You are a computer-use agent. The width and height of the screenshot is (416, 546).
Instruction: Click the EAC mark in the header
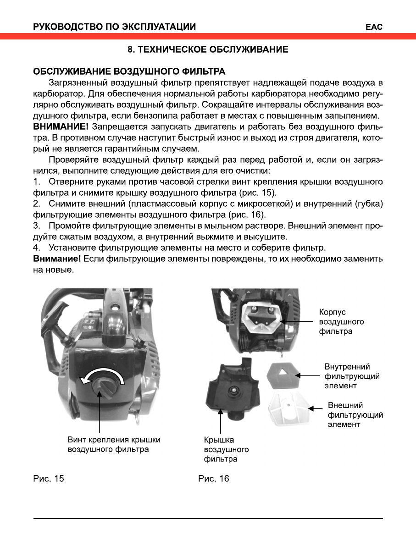pos(374,27)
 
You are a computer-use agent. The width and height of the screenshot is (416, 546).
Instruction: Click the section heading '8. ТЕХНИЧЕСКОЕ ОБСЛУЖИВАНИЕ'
pos(207,50)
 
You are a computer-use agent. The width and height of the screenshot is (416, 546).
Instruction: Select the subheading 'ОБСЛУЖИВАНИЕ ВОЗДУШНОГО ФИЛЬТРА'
pos(129,72)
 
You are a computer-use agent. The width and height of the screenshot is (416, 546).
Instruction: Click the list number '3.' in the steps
pos(37,226)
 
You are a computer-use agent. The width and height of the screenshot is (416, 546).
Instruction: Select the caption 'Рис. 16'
pos(214,479)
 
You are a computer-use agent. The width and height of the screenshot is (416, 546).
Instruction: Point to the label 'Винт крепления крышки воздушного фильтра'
pos(114,445)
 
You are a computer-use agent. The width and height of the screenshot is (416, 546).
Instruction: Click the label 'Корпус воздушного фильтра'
pos(341,321)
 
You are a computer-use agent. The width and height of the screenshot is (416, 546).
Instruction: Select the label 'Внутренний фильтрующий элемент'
pos(351,376)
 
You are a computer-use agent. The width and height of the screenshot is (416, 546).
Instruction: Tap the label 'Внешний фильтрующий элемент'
pos(355,415)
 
